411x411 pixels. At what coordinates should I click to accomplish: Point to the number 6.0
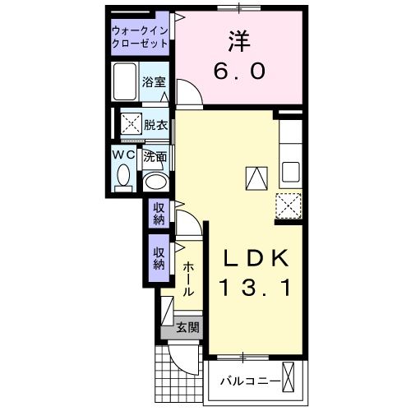[x=239, y=71]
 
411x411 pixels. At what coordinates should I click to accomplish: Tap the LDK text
[x=257, y=259]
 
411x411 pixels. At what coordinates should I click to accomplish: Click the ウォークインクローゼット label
[x=141, y=36]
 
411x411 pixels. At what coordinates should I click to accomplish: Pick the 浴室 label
[x=153, y=81]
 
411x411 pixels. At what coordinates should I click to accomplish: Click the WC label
[x=123, y=154]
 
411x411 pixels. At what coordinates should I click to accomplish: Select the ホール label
[x=188, y=279]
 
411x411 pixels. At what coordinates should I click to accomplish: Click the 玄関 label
[x=187, y=328]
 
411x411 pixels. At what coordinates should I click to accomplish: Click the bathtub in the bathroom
[x=127, y=84]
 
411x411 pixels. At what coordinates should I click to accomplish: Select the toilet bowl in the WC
[x=123, y=177]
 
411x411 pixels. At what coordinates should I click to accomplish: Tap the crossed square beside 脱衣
[x=130, y=126]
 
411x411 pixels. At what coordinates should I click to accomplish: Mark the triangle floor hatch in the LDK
[x=256, y=177]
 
